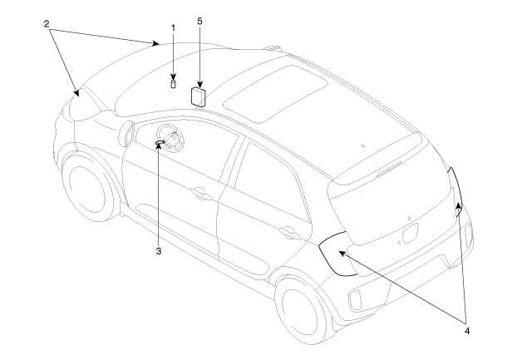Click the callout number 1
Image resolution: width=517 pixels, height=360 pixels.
(174, 28)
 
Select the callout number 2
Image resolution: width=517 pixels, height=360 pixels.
(47, 24)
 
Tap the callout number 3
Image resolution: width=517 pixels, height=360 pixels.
(159, 251)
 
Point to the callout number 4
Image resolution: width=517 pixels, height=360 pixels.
(467, 331)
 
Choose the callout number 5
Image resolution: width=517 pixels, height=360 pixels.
(199, 21)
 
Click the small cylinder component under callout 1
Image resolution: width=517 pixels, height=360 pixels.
(174, 84)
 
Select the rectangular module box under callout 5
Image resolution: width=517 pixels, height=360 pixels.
(198, 96)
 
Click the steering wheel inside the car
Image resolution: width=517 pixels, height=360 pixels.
(170, 139)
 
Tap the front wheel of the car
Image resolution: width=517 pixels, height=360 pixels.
(88, 187)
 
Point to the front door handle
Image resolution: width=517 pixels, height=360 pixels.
(199, 193)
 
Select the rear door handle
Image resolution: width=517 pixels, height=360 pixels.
(288, 231)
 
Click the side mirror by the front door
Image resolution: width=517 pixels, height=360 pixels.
(128, 133)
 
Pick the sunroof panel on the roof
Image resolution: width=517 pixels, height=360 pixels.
(275, 94)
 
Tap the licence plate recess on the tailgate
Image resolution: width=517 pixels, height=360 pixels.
(410, 234)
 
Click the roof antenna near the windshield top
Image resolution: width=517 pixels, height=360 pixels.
(273, 48)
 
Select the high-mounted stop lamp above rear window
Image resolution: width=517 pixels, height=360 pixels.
(389, 169)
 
